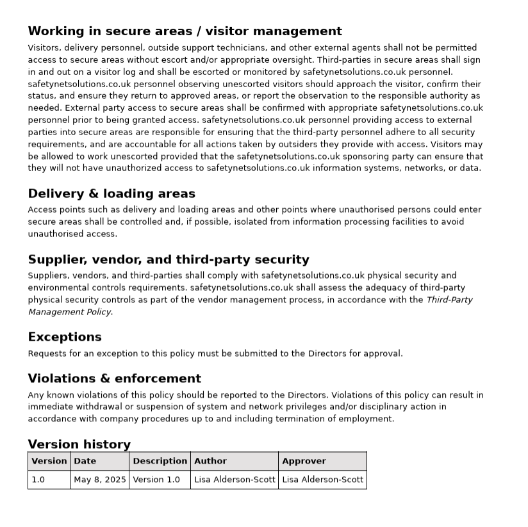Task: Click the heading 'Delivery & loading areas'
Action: pos(111,193)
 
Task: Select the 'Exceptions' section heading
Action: pos(65,337)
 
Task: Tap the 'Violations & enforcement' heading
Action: pos(114,378)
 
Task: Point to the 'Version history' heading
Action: pos(79,444)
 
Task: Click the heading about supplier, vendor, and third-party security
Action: pos(169,259)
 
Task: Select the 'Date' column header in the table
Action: pos(85,461)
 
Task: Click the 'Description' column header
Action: pos(160,461)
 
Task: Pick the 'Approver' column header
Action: pos(304,461)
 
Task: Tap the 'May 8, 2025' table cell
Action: pos(99,480)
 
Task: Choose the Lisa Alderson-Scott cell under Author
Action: pos(235,480)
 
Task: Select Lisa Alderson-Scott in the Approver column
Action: pos(322,480)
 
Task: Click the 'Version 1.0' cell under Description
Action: pos(156,480)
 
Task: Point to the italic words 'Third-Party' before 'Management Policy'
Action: pos(449,300)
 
